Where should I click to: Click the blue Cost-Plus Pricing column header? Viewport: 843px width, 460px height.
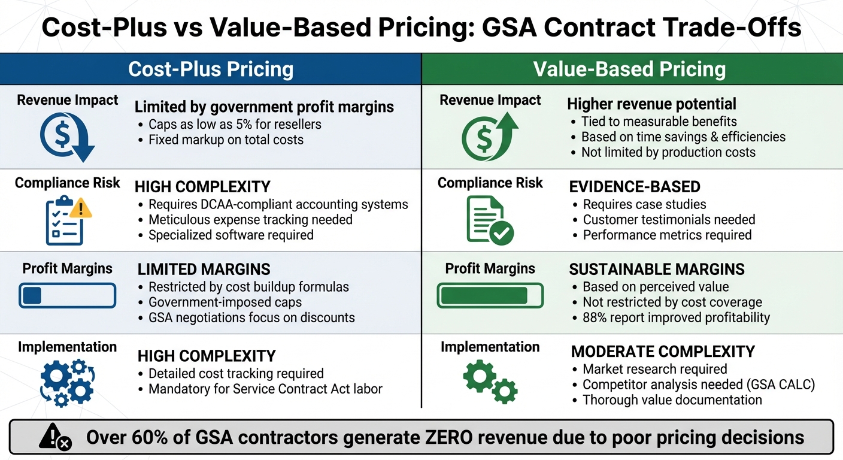pos(211,69)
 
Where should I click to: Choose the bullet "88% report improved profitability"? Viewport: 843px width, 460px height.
pos(677,317)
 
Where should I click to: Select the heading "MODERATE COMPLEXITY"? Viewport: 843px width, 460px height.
pos(663,351)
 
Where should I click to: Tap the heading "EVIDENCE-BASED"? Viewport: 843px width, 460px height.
pos(635,186)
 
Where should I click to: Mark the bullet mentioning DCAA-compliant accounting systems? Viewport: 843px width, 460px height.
pos(278,204)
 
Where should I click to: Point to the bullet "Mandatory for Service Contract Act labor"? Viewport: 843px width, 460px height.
pos(265,389)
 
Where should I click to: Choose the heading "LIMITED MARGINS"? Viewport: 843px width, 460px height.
pos(204,269)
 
